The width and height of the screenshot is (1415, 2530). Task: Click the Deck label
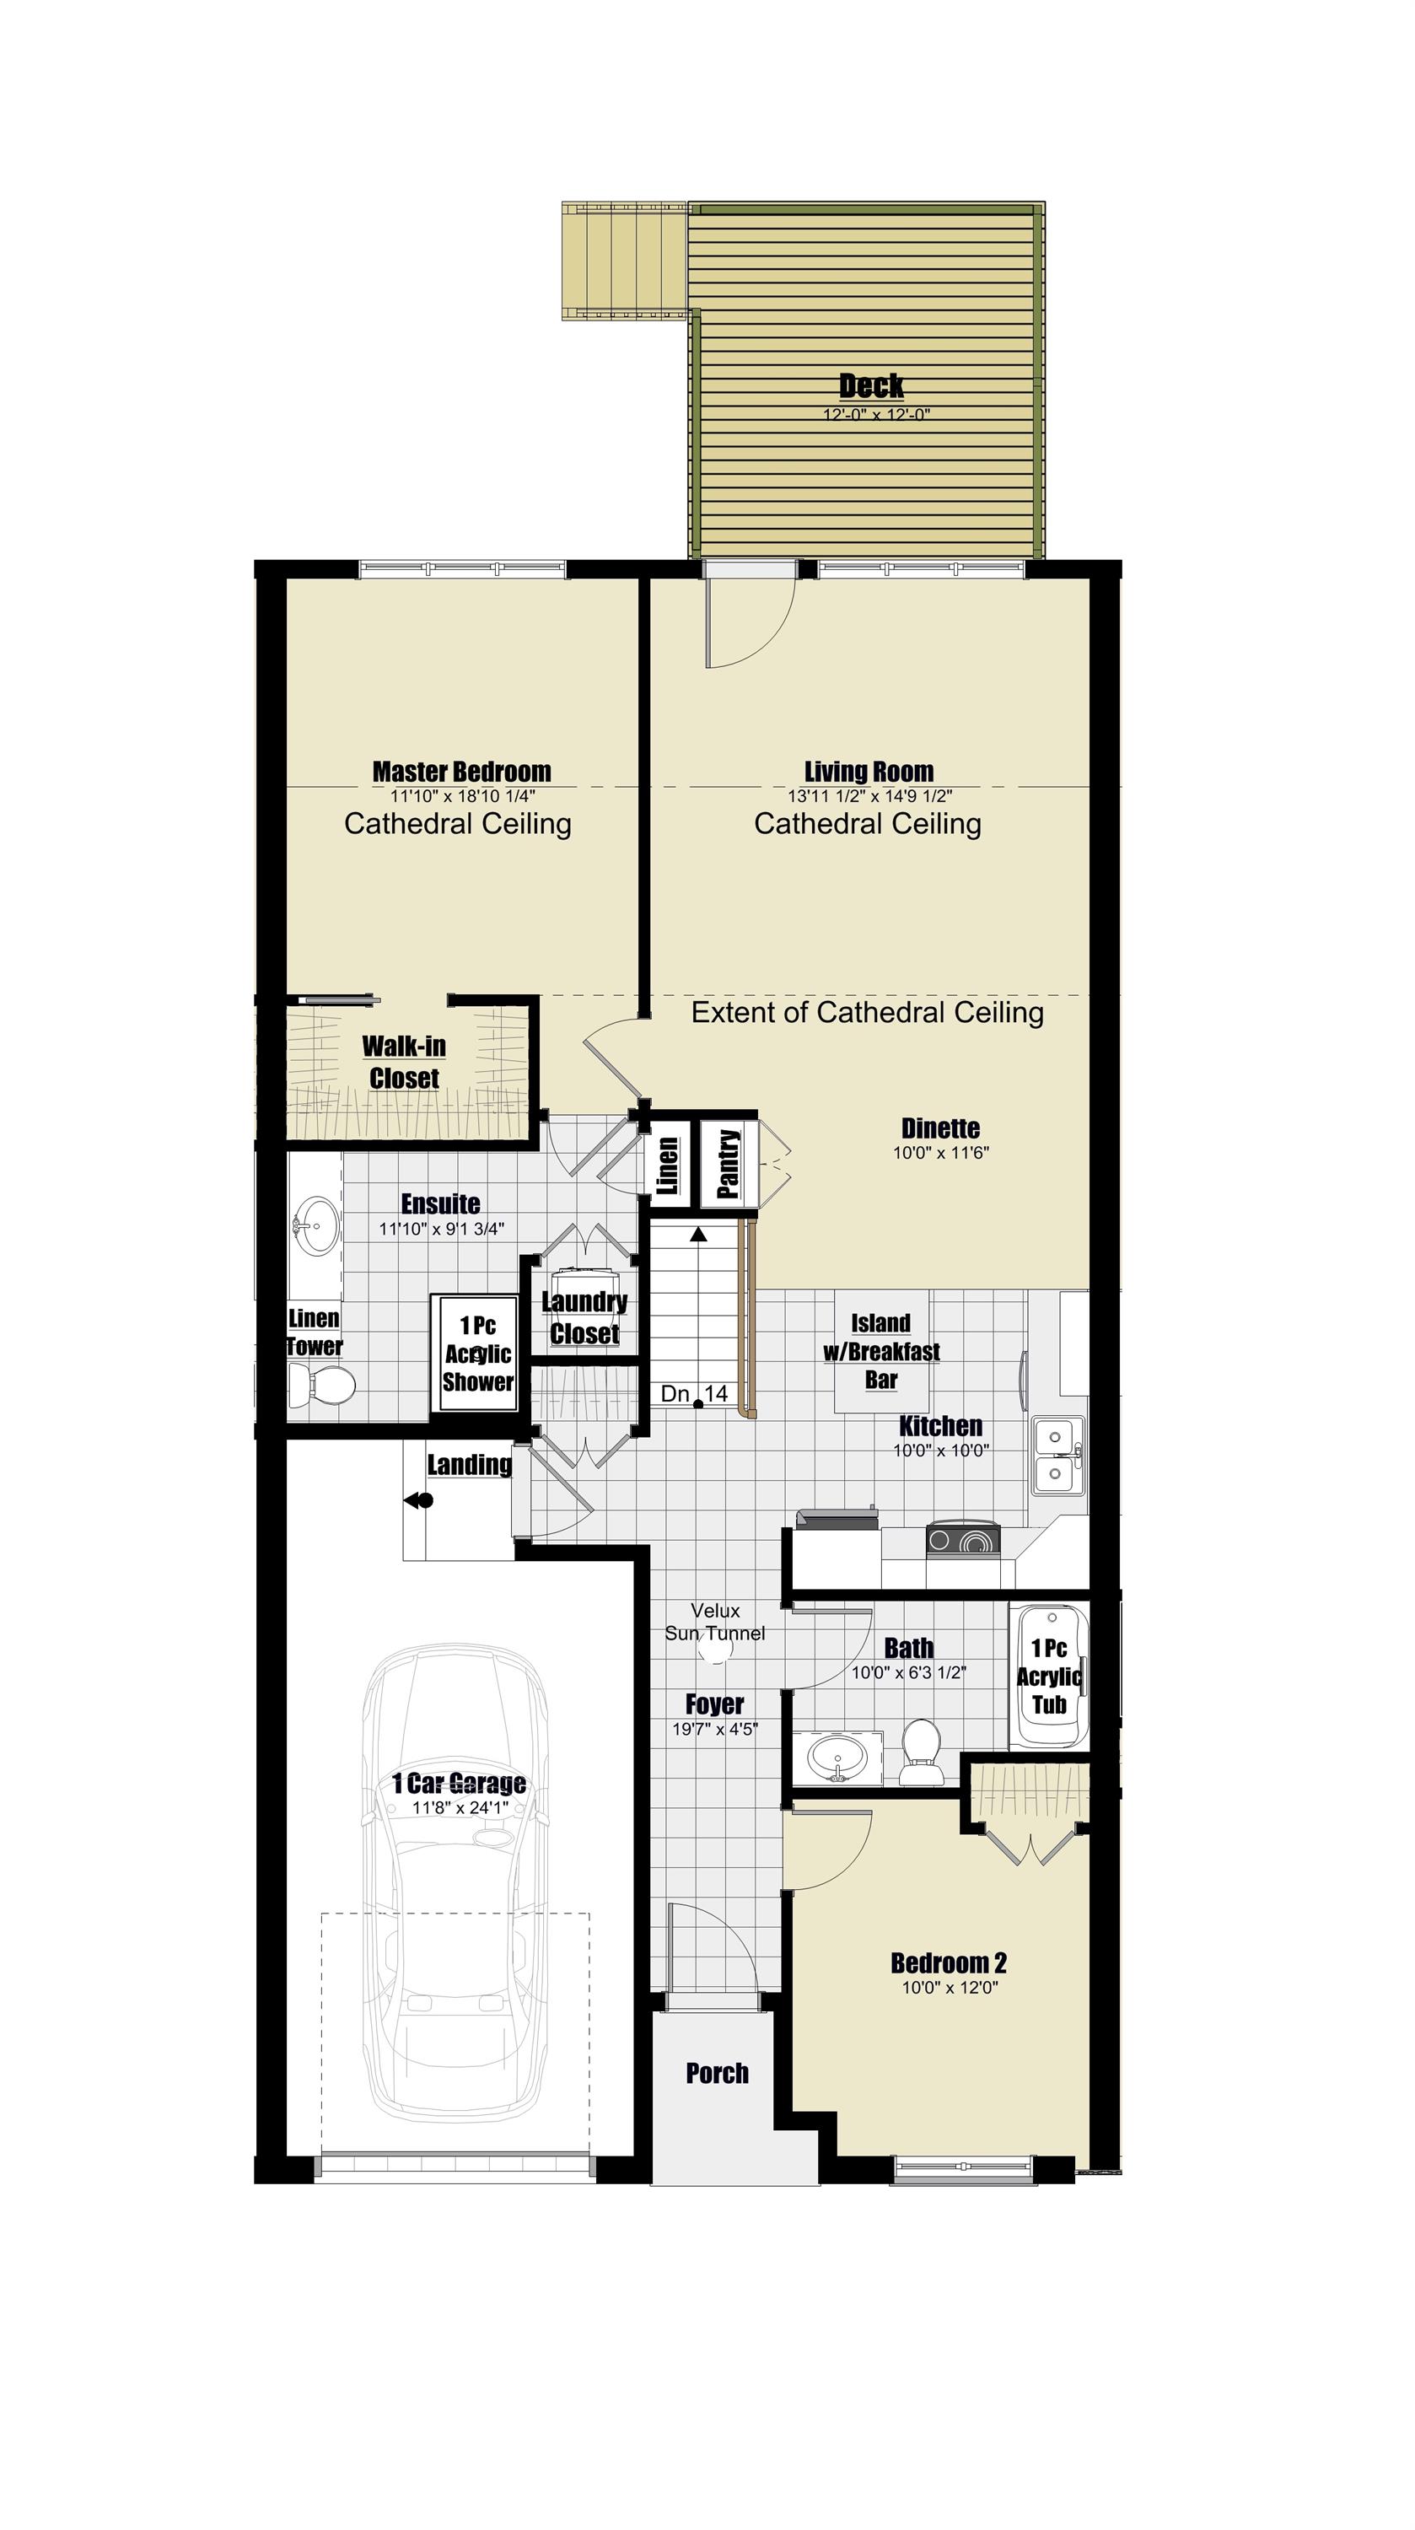coord(871,385)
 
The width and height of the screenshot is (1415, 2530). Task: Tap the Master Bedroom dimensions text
coord(462,796)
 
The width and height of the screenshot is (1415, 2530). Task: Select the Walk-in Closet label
coord(404,1062)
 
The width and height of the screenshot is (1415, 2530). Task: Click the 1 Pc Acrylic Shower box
coord(477,1354)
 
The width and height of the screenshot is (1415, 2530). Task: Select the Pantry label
coord(728,1164)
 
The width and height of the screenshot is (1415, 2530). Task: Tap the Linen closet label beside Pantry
coord(668,1165)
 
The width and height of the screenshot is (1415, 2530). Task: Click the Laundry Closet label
coord(584,1317)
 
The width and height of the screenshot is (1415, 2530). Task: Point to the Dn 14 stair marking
coord(694,1392)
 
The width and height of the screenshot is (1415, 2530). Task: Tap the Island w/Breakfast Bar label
coord(881,1351)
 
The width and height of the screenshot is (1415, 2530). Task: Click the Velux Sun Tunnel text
coord(715,1622)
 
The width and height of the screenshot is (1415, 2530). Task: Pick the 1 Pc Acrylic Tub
coord(1049,1676)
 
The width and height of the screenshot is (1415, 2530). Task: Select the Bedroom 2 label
coord(949,1963)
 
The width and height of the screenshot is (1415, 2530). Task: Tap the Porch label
coord(717,2072)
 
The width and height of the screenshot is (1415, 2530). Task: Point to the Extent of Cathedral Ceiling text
coord(867,1013)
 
